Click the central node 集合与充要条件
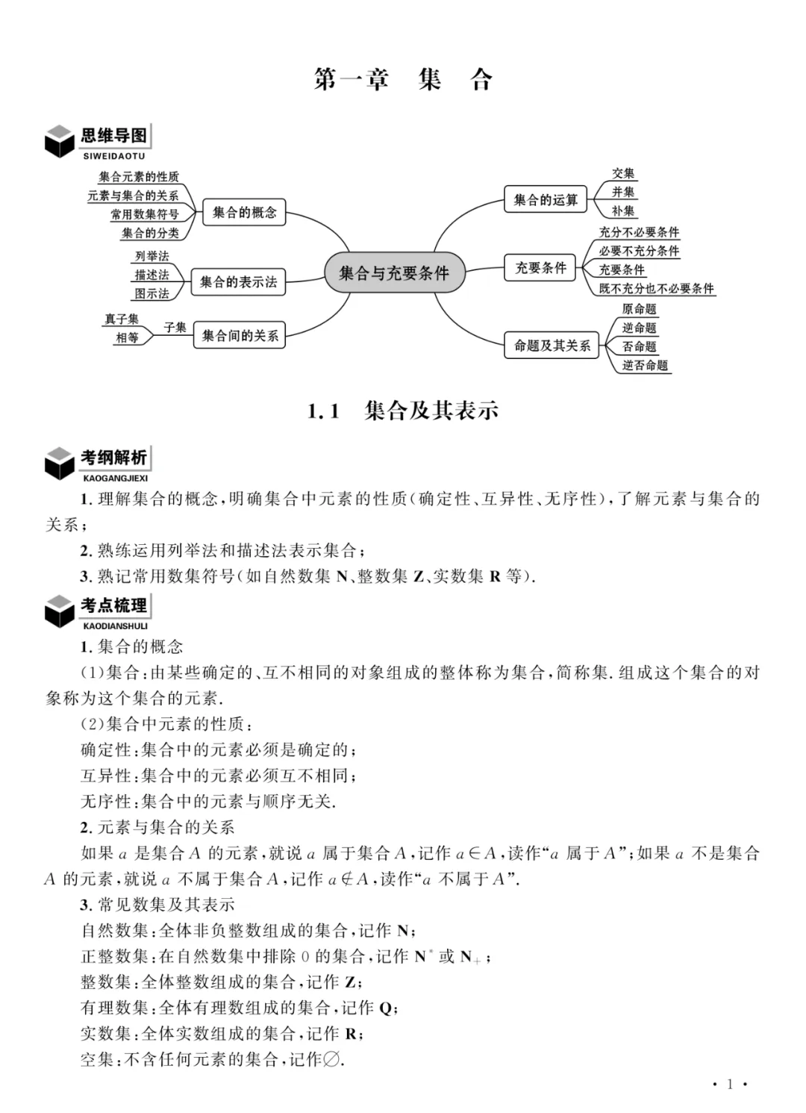pyautogui.click(x=394, y=272)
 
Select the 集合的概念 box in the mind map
pyautogui.click(x=244, y=213)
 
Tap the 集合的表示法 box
pyautogui.click(x=238, y=282)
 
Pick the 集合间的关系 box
pyautogui.click(x=240, y=336)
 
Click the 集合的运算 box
pyautogui.click(x=546, y=200)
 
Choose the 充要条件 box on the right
pyautogui.click(x=541, y=268)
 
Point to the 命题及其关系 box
pyautogui.click(x=552, y=346)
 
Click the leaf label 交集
pyautogui.click(x=623, y=174)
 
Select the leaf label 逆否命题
pyautogui.click(x=646, y=366)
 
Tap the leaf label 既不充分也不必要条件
pyautogui.click(x=657, y=289)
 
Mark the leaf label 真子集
pyautogui.click(x=122, y=319)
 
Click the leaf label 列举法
pyautogui.click(x=152, y=256)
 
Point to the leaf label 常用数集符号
pyautogui.click(x=145, y=215)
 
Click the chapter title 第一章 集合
pyautogui.click(x=403, y=79)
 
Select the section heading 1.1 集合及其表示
pyautogui.click(x=403, y=411)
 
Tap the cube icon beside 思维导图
pyautogui.click(x=60, y=141)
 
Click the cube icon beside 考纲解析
pyautogui.click(x=60, y=464)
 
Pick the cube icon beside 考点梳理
pyautogui.click(x=60, y=611)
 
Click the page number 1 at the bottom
pyautogui.click(x=730, y=1085)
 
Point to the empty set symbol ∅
pyautogui.click(x=332, y=1059)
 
